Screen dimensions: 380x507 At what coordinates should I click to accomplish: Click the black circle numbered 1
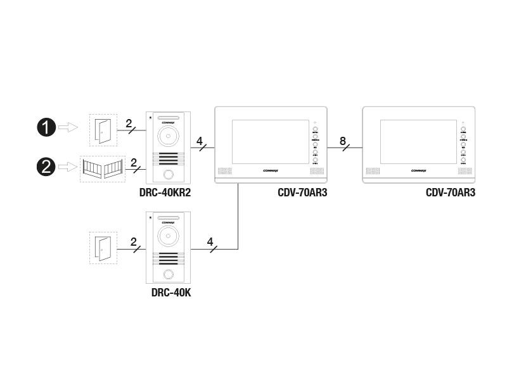pyautogui.click(x=46, y=128)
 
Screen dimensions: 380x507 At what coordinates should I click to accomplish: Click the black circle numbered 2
pyautogui.click(x=46, y=167)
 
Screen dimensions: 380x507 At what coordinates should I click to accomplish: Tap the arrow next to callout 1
pyautogui.click(x=68, y=128)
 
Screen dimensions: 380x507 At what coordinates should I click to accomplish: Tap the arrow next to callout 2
pyautogui.click(x=68, y=167)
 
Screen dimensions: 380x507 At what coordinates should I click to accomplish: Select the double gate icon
pyautogui.click(x=102, y=168)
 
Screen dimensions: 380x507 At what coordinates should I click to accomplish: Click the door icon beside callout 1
pyautogui.click(x=102, y=129)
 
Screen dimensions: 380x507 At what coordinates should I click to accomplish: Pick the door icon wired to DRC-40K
pyautogui.click(x=102, y=248)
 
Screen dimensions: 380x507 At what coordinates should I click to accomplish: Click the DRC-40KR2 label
pyautogui.click(x=164, y=193)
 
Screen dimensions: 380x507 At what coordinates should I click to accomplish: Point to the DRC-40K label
pyautogui.click(x=171, y=292)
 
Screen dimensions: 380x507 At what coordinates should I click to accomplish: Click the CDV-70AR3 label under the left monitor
pyautogui.click(x=302, y=193)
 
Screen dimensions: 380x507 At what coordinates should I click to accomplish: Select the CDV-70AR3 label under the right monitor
pyautogui.click(x=450, y=193)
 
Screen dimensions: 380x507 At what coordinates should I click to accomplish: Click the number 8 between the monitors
pyautogui.click(x=343, y=141)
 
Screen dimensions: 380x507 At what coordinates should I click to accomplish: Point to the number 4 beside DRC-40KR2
pyautogui.click(x=200, y=141)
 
